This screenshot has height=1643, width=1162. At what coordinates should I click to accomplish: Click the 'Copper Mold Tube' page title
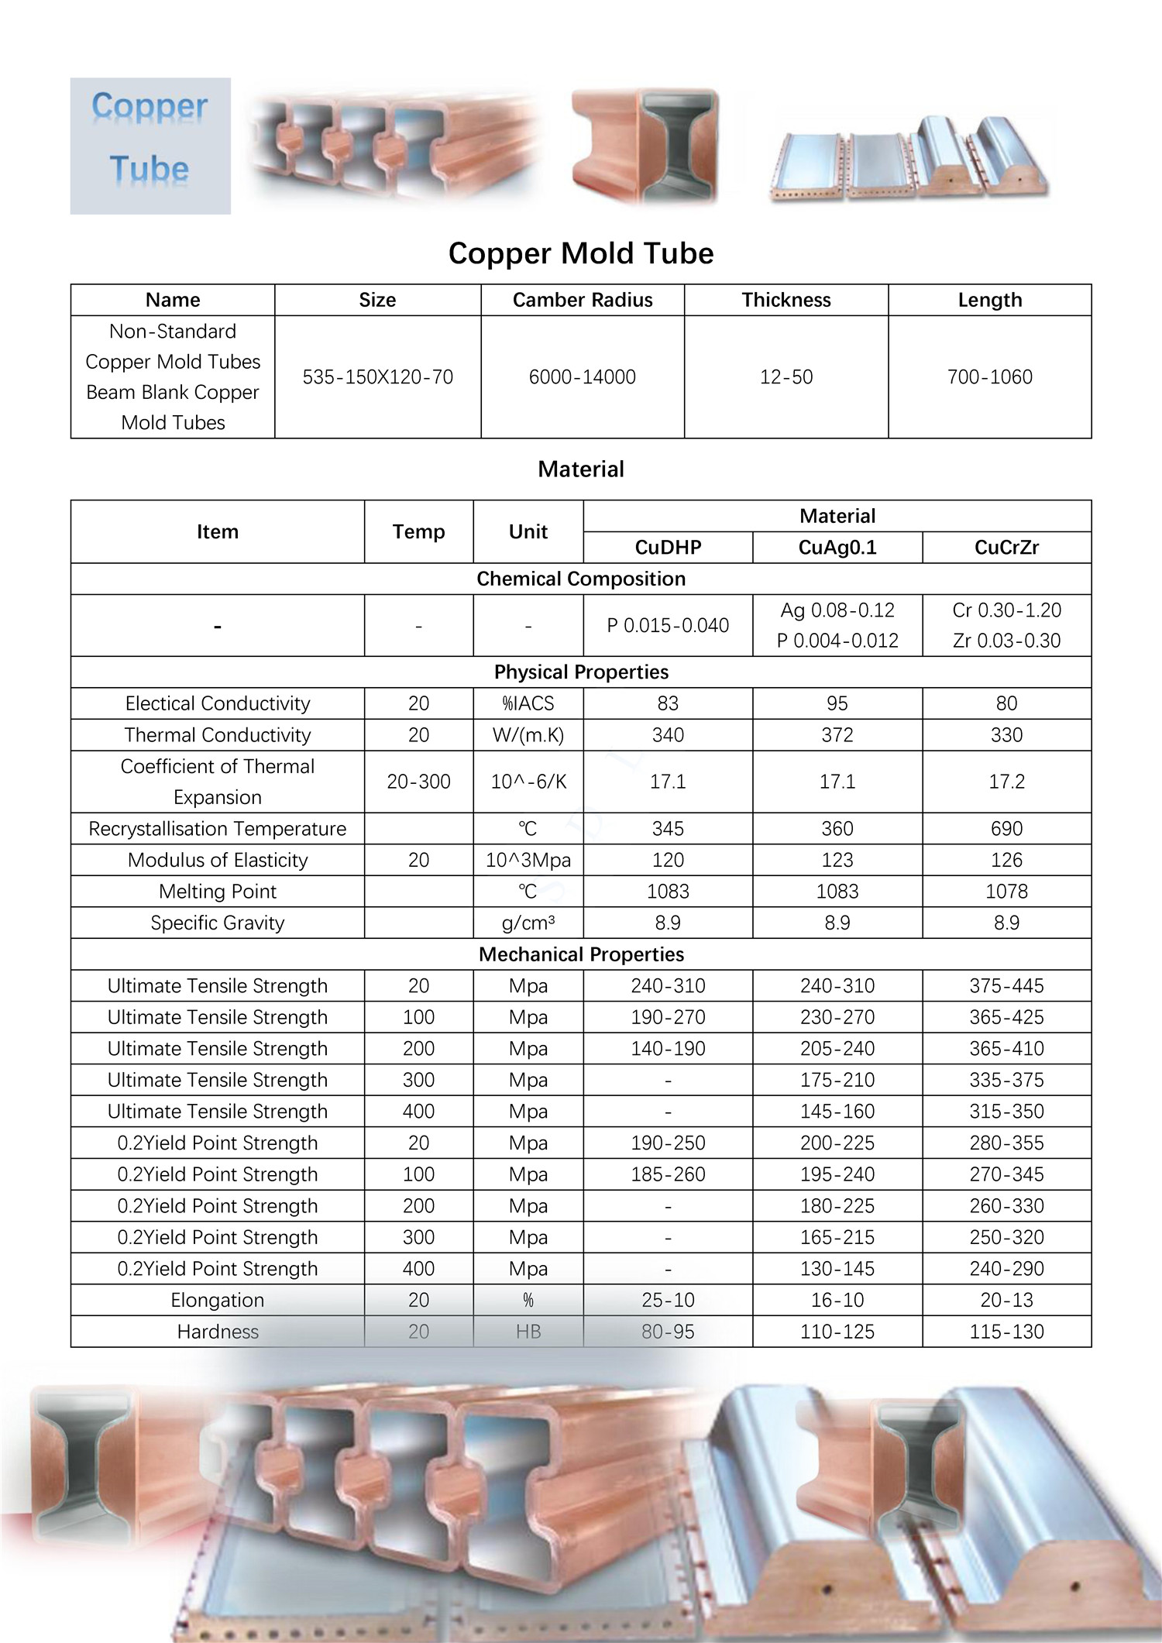tap(581, 253)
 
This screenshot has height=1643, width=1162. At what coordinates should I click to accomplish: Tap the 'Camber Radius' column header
tap(583, 300)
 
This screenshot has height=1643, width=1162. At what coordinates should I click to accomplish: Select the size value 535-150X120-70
tap(378, 377)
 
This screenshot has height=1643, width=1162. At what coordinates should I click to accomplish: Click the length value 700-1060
tap(990, 377)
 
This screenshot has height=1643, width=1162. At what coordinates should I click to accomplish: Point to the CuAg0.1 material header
tap(837, 548)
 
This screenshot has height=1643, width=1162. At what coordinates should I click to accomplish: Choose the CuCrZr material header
tap(1006, 548)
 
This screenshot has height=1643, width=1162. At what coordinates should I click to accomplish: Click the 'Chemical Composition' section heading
tap(581, 579)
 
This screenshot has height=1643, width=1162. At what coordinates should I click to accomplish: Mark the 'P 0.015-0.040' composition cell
tap(668, 625)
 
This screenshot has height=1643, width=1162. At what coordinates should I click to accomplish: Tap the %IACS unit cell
tap(528, 703)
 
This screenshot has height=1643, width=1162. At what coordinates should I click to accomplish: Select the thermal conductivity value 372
tap(837, 734)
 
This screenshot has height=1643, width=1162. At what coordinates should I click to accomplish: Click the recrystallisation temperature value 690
tap(1006, 829)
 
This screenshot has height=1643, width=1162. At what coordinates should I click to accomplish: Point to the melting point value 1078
tap(1006, 892)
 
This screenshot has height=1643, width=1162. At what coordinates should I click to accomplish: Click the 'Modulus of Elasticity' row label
tap(218, 860)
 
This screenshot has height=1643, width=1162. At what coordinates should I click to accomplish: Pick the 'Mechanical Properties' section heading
tap(581, 954)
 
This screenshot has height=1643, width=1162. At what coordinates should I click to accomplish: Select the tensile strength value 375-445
tap(1006, 986)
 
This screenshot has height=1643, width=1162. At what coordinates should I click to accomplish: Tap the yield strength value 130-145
tap(837, 1269)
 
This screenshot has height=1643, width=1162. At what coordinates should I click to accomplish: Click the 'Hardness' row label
tap(218, 1332)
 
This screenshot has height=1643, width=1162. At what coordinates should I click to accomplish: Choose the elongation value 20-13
tap(1006, 1300)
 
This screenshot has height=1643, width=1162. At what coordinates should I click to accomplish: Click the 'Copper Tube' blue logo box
tap(150, 146)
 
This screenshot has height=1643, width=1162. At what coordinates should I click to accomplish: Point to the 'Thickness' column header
tap(786, 300)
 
